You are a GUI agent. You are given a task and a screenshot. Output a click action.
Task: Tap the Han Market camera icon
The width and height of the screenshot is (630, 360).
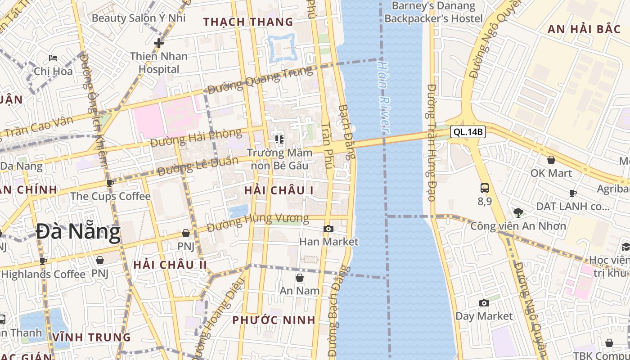point(328,229)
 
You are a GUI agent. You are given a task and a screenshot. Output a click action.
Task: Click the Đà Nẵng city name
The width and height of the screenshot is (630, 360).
point(78,233)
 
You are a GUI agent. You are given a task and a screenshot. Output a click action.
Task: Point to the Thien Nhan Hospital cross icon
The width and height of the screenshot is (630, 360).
point(158,43)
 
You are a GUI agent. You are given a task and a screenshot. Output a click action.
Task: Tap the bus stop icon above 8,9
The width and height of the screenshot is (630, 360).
point(485,188)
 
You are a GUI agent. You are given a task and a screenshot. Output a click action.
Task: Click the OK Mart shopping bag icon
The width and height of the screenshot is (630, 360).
point(551,160)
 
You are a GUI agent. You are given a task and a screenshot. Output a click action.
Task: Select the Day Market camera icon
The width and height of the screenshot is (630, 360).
point(484,303)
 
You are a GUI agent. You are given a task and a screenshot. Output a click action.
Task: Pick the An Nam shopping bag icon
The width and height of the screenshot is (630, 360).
point(299,278)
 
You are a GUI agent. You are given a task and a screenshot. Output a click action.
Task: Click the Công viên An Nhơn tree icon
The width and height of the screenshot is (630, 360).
point(518,212)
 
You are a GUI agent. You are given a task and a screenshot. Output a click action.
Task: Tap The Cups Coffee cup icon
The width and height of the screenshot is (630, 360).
point(110,183)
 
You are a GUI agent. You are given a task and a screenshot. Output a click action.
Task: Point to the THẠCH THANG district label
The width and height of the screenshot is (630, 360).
point(248,22)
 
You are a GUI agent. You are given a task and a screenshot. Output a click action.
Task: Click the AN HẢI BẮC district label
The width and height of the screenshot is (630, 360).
point(584,30)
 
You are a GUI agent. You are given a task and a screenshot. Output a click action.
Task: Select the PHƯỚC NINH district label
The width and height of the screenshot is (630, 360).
point(274,320)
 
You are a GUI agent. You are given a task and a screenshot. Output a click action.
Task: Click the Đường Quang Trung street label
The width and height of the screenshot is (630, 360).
point(260,81)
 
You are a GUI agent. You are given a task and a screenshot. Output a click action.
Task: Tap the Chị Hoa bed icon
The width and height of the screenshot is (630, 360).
point(53,58)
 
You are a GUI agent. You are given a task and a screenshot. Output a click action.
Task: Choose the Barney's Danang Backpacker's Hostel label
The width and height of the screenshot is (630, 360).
point(433,12)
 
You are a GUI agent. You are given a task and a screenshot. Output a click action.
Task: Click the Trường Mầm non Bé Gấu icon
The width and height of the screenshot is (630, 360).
point(279,139)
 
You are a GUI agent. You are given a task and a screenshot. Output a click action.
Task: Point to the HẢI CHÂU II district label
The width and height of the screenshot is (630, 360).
point(170,265)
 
